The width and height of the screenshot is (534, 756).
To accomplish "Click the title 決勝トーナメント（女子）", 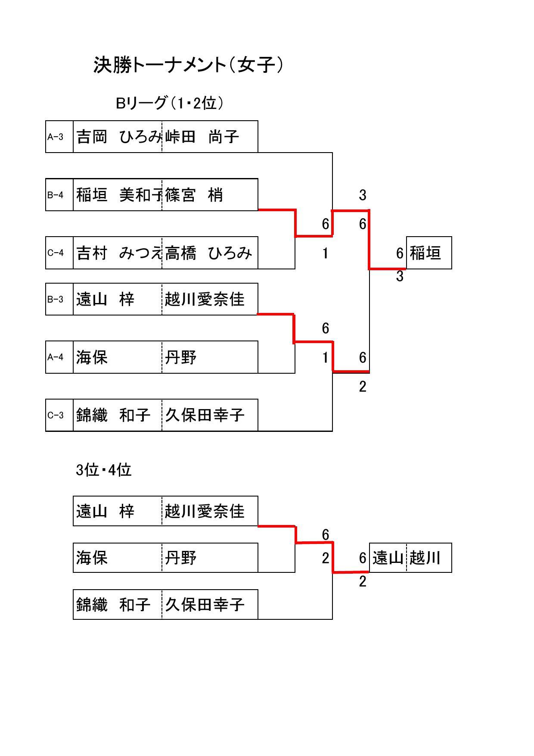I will pos(189,66).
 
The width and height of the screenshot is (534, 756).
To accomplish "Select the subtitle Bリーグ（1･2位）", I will pos(170,103).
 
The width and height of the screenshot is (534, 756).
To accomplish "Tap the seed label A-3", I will pos(56,137).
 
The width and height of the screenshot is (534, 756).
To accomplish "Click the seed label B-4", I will pos(56,195).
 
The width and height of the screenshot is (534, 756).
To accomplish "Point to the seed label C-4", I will pos(56,253).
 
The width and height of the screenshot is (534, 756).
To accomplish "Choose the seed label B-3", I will pos(56,299).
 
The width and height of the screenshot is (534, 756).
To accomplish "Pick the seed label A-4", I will pos(56,357).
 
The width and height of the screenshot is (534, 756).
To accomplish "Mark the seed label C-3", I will pos(56,415).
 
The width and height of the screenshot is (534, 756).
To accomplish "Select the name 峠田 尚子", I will pos(202,137).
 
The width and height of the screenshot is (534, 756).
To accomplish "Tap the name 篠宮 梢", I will pos(194,195).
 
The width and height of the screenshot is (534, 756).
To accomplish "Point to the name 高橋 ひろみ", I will pos(208,253).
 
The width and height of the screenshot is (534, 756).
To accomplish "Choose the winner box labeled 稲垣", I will pos(425,253).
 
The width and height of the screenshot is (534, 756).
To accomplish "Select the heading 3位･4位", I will pos(103,470).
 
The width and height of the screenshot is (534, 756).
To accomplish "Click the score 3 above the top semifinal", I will pos(363,195).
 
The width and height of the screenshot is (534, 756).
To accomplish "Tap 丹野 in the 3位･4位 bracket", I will pos(181,558).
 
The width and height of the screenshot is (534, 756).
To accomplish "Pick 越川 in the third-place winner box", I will pos(425,558).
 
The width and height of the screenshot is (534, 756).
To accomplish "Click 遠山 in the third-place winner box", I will pos(388,558).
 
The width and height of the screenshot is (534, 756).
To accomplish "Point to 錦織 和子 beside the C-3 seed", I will pos(113,415).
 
